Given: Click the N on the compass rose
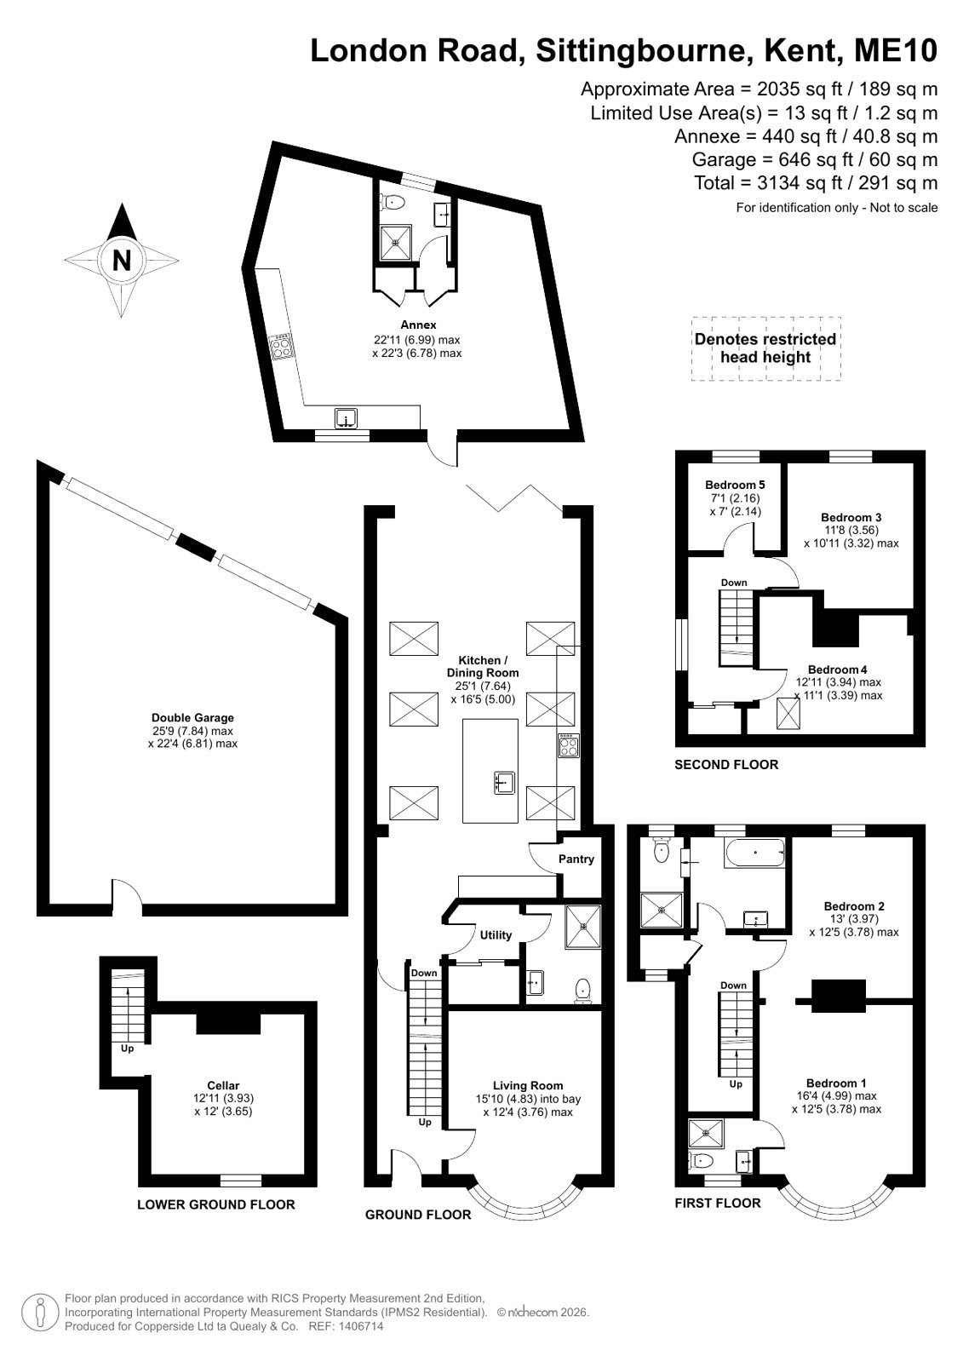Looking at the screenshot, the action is pyautogui.click(x=122, y=261).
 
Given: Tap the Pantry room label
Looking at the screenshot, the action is pyautogui.click(x=576, y=859).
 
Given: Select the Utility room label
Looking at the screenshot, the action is pyautogui.click(x=496, y=935).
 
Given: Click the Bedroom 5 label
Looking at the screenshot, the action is pyautogui.click(x=735, y=485).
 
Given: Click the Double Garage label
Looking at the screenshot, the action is pyautogui.click(x=192, y=717).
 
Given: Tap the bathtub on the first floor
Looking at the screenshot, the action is pyautogui.click(x=754, y=853).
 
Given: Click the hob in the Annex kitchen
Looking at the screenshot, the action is pyautogui.click(x=282, y=347).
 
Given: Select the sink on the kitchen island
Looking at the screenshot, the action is pyautogui.click(x=505, y=783).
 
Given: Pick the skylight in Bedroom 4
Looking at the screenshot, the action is pyautogui.click(x=788, y=714).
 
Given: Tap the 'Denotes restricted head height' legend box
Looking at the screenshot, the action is pyautogui.click(x=765, y=348).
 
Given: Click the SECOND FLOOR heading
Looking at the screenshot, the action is pyautogui.click(x=726, y=765).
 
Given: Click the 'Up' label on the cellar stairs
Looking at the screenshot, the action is pyautogui.click(x=127, y=1049).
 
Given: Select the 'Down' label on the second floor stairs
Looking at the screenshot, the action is pyautogui.click(x=734, y=583).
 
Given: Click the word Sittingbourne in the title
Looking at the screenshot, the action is pyautogui.click(x=640, y=50).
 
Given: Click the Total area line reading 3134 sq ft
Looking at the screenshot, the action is pyautogui.click(x=816, y=182).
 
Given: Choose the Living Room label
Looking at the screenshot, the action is pyautogui.click(x=528, y=1085).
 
